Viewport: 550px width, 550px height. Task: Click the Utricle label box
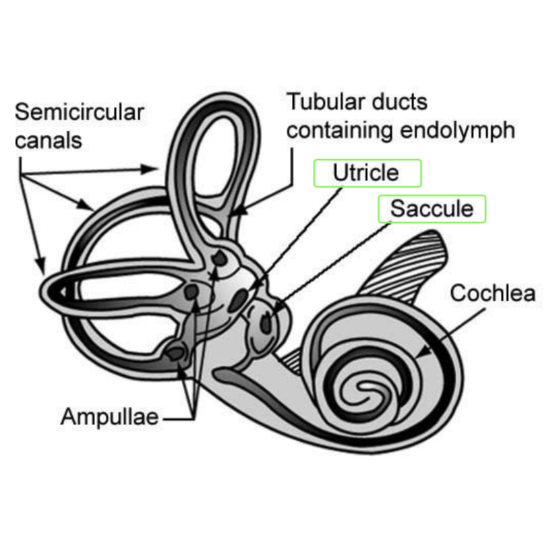pos(367,173)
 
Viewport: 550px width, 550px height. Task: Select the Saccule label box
pos(432,208)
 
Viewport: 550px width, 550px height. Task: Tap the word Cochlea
pos(492,294)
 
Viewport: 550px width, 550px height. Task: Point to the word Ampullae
pos(110,417)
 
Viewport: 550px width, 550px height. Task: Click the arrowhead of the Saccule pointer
pos(276,309)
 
